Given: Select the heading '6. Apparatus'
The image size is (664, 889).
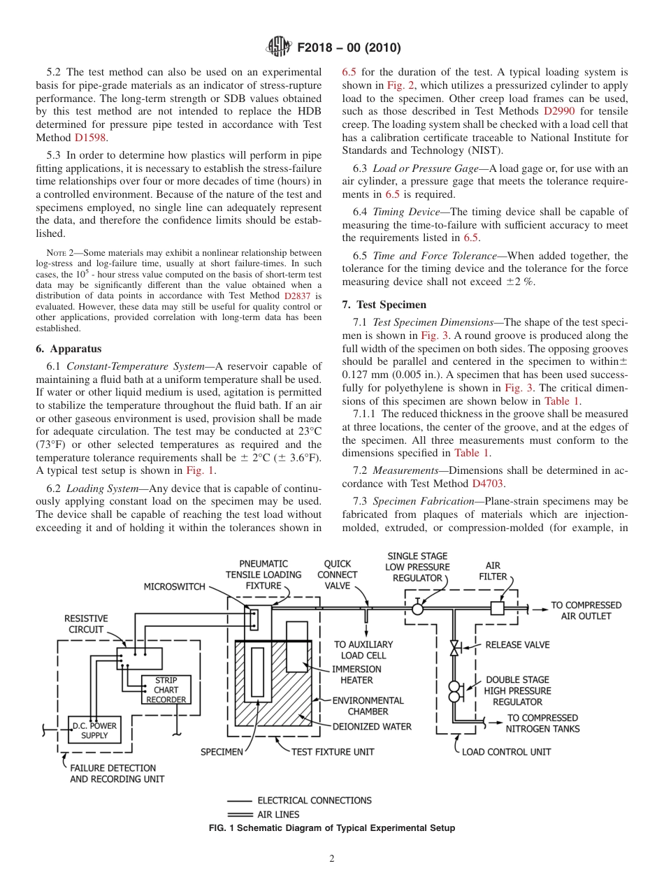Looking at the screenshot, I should [68, 348].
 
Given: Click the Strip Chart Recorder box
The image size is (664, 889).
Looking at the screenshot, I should [166, 689].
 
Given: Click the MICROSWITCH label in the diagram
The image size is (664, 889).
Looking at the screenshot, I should [175, 586].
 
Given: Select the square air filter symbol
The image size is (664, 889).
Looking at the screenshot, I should [497, 608].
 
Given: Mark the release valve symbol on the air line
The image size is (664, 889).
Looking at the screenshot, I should [454, 648].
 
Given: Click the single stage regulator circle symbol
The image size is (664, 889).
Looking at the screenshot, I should [417, 609].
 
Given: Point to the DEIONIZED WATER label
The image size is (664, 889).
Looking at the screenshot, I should [372, 726].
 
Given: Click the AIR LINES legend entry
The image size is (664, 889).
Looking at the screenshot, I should [278, 814].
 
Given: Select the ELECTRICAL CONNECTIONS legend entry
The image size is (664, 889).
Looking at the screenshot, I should [315, 800].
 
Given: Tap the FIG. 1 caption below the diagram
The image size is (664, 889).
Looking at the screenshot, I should [332, 828].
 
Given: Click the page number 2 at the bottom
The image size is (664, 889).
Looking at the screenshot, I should [332, 859].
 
